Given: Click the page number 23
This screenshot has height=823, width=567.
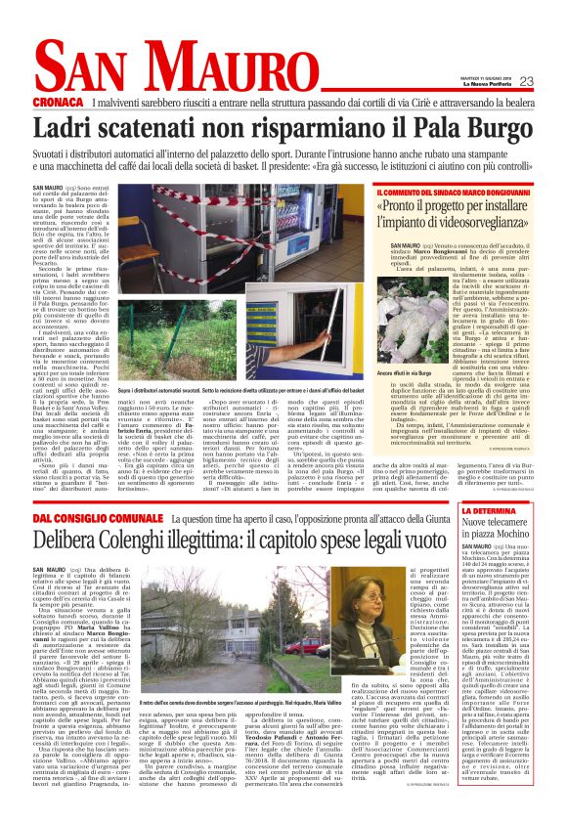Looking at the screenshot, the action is [x=526, y=81].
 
